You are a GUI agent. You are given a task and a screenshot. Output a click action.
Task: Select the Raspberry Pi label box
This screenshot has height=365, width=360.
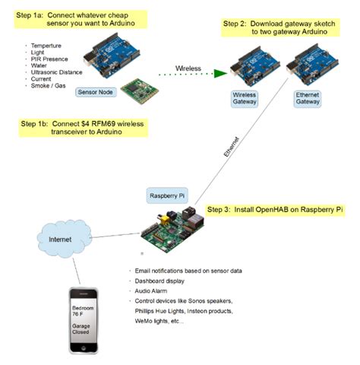[x=166, y=194]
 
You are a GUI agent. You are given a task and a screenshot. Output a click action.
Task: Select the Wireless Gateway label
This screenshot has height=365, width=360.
[x=245, y=97]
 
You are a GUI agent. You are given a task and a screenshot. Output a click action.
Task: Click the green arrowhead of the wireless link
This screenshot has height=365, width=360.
[x=222, y=74]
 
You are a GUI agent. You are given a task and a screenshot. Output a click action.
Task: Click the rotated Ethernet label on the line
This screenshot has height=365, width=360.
[x=235, y=149]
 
